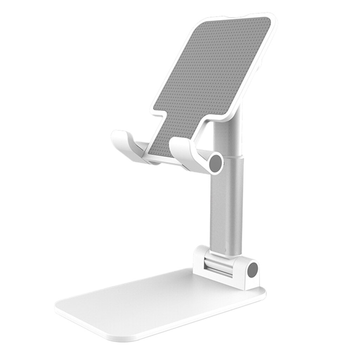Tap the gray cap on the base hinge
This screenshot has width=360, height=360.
(252, 270)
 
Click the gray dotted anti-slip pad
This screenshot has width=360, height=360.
(211, 77)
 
